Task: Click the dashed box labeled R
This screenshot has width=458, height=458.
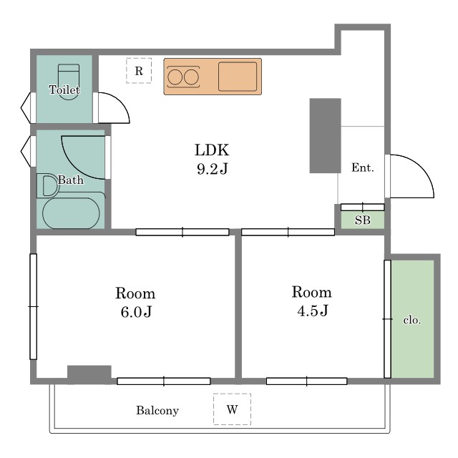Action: point(139,71)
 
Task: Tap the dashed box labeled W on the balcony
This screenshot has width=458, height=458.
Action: point(232,409)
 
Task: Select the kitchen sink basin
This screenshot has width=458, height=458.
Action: point(238,77)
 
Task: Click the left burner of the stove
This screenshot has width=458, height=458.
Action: point(175,77)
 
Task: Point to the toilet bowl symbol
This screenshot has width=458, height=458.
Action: point(69,82)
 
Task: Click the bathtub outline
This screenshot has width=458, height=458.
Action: point(71,213)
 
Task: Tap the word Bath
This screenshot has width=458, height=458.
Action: point(70,180)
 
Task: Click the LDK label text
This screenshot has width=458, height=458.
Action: point(212,150)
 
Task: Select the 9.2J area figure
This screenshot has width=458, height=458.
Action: point(213,169)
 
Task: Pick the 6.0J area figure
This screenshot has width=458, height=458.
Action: point(136,312)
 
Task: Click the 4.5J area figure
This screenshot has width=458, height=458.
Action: point(313,311)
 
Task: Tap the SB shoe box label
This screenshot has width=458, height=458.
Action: point(363,220)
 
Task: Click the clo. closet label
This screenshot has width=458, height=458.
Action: point(412,320)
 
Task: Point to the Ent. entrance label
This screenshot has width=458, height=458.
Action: point(363,167)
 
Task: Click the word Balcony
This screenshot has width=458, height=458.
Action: point(157,411)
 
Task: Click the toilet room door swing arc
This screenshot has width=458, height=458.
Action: point(120,101)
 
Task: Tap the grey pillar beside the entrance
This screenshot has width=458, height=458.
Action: point(325,135)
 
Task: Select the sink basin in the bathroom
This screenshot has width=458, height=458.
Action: point(49,185)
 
